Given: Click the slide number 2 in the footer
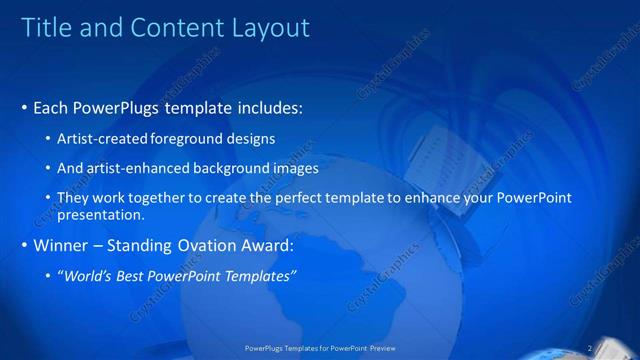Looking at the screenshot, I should (x=592, y=349).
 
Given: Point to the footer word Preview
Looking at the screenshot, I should (x=384, y=349).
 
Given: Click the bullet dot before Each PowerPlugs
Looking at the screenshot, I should (x=24, y=107).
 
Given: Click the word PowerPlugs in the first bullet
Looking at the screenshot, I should (x=117, y=106).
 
